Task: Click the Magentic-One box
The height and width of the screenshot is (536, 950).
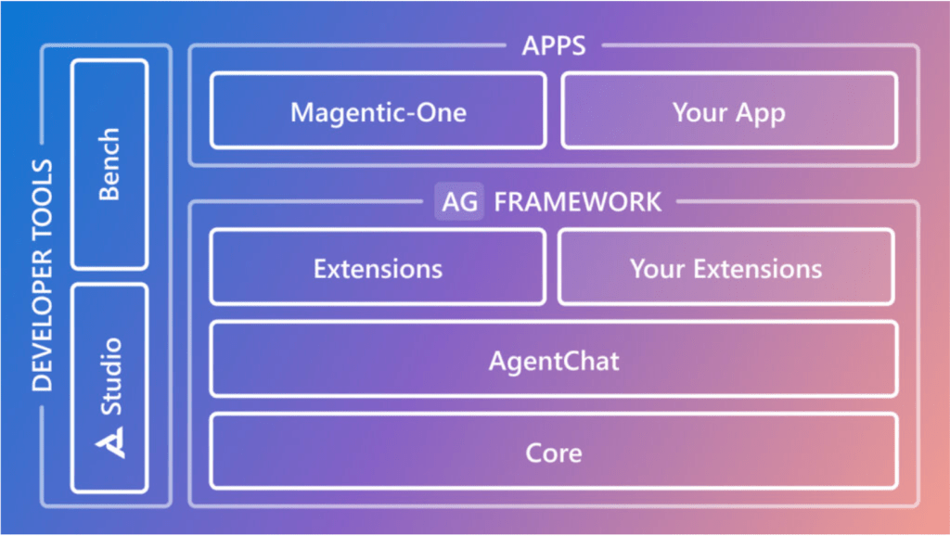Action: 378,111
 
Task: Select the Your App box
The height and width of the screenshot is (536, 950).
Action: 729,111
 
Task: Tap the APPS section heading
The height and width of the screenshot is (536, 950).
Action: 553,45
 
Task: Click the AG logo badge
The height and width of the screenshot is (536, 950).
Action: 459,201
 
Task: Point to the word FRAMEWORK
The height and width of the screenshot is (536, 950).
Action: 577,201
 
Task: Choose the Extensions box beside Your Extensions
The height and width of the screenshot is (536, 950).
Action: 378,268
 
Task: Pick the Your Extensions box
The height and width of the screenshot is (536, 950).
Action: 725,268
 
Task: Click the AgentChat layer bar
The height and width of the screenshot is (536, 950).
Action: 553,360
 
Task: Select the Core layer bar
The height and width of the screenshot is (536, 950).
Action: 553,453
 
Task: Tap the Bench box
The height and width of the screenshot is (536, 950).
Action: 109,164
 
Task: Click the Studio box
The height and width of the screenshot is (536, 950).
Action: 109,388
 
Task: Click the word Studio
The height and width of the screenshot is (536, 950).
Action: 110,376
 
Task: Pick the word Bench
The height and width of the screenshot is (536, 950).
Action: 109,164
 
